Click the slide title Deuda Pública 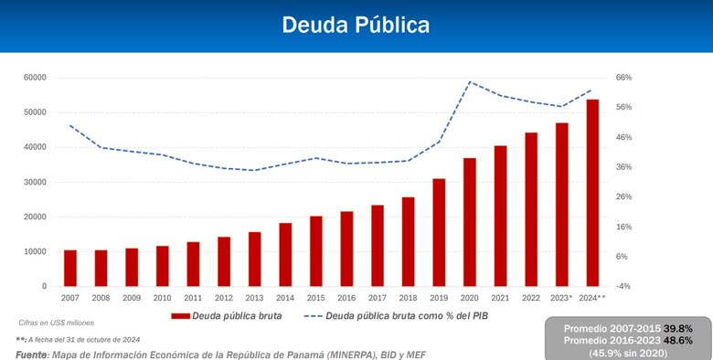pos(356,25)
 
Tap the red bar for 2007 pos(70,268)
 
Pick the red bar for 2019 pos(439,232)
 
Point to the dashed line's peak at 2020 pos(470,82)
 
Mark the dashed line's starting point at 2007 pos(70,125)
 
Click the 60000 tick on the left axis pos(35,78)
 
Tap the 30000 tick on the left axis pos(35,182)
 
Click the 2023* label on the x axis pos(561,298)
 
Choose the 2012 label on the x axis pos(224,298)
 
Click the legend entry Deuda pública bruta pos(229,316)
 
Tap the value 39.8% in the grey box pos(677,327)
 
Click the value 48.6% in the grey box pos(677,339)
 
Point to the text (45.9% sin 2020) pos(628,352)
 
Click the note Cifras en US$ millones pos(56,323)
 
